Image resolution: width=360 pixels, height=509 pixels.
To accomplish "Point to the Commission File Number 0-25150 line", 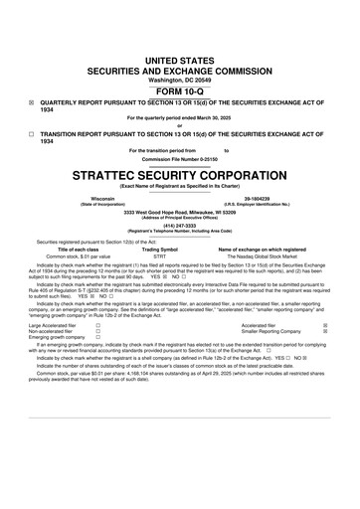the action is tap(180, 160).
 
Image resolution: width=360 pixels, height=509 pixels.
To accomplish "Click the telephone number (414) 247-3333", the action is tap(180, 225).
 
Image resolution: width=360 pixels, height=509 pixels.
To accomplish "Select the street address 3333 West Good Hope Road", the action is tap(180, 212).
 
